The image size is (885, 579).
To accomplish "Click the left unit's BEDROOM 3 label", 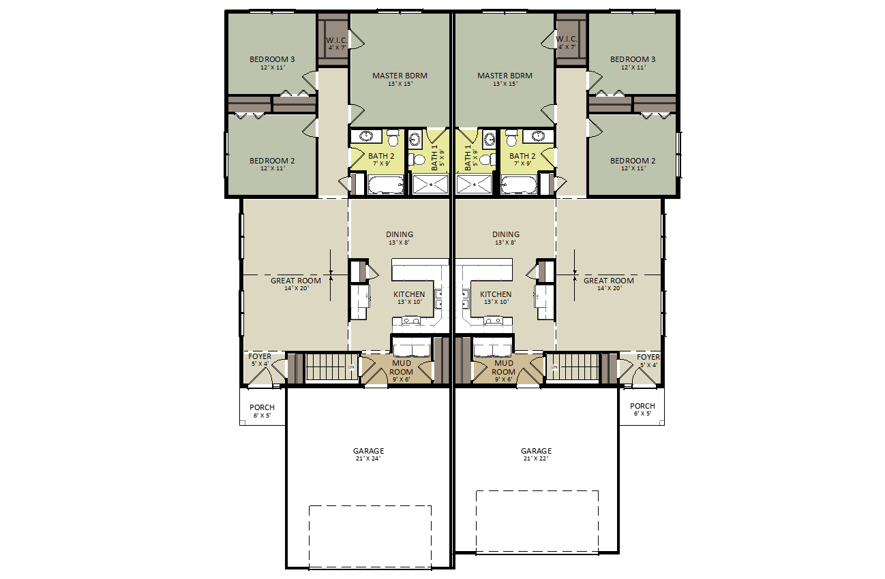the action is (x=272, y=59).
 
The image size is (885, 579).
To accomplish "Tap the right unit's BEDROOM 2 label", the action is (x=633, y=161).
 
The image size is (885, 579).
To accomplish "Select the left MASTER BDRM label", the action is (x=400, y=76).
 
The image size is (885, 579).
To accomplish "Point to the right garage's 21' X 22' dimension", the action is (x=536, y=458).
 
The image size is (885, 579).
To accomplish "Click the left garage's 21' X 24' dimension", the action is (x=368, y=458).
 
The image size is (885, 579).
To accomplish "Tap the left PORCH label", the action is (x=262, y=407).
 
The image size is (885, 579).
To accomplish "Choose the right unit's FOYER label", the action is (x=648, y=357).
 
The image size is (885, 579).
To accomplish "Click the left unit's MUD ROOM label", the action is (x=401, y=367).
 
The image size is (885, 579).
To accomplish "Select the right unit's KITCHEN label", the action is (x=496, y=294).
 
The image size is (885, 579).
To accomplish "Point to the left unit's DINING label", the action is (x=400, y=234).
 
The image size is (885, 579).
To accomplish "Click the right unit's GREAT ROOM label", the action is (x=608, y=281).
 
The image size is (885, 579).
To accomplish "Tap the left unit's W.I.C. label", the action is (x=337, y=40).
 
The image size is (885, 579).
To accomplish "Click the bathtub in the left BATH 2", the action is (x=386, y=185).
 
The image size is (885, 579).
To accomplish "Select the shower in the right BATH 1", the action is (x=475, y=185).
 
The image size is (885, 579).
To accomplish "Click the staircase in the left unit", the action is (x=332, y=367).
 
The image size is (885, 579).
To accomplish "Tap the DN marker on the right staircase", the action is (x=554, y=367).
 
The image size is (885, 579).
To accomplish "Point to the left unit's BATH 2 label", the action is (x=381, y=156).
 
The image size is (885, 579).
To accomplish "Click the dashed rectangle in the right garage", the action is (x=537, y=490).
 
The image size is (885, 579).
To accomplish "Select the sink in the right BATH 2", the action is (x=537, y=136).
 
